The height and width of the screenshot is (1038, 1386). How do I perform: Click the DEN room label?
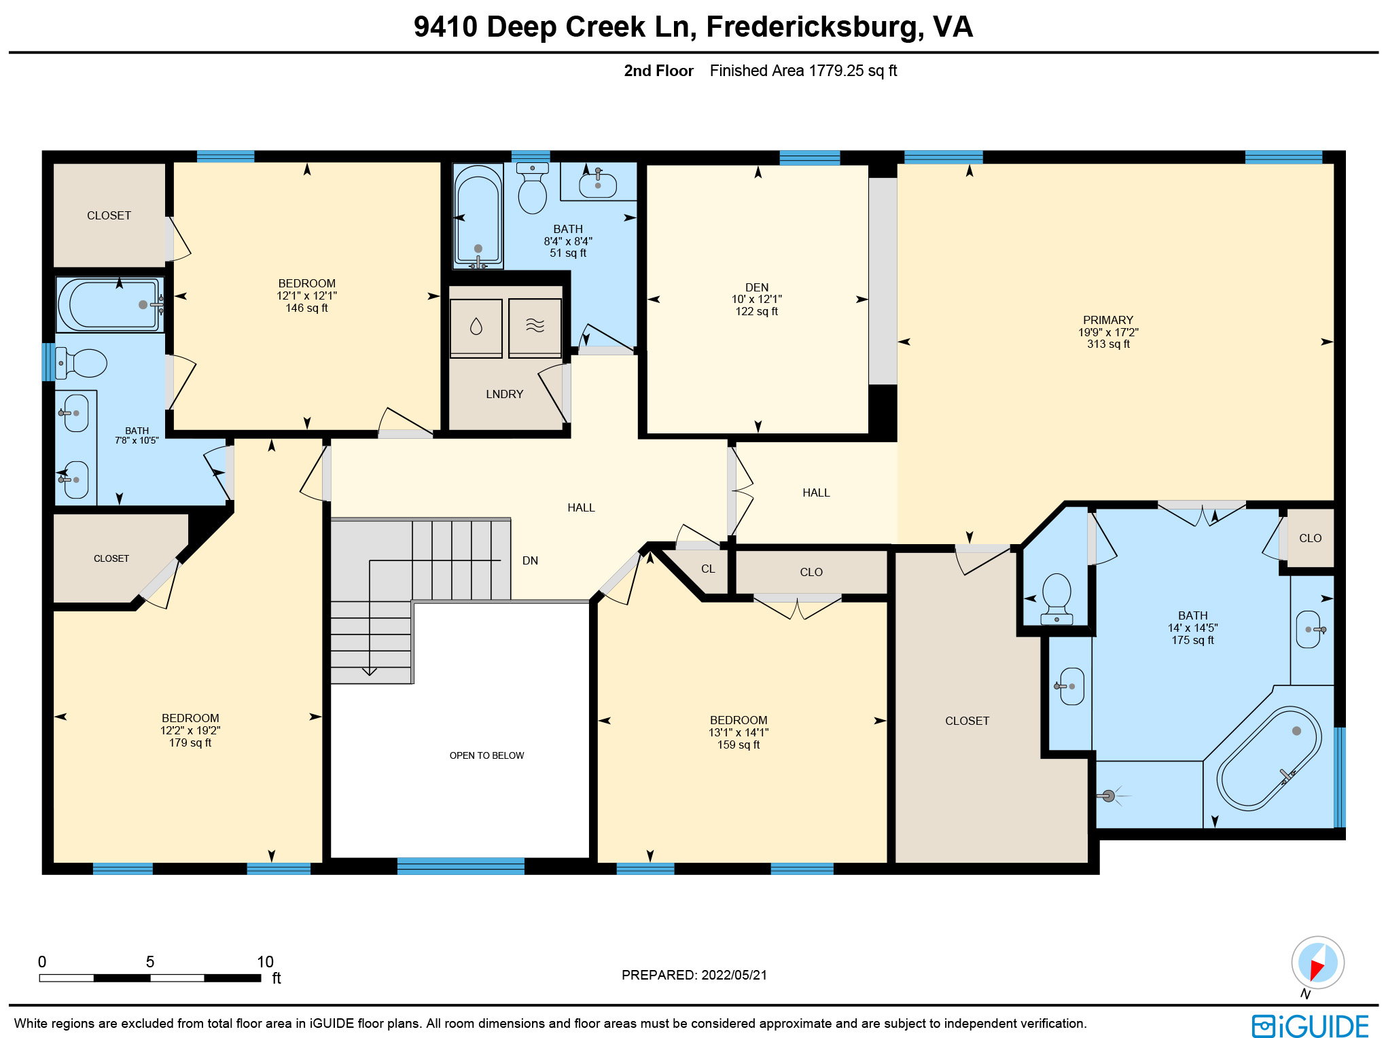pyautogui.click(x=756, y=287)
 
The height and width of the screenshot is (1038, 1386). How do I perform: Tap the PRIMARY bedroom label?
pyautogui.click(x=1107, y=320)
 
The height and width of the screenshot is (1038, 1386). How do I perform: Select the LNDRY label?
pyautogui.click(x=504, y=394)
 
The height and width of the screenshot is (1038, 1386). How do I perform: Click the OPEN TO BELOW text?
pyautogui.click(x=486, y=755)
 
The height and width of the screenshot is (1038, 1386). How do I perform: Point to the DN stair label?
pyautogui.click(x=530, y=560)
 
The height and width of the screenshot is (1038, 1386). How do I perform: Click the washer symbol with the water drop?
pyautogui.click(x=476, y=327)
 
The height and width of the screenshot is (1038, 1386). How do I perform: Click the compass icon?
pyautogui.click(x=1317, y=963)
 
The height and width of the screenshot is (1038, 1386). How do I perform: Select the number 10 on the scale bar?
pyautogui.click(x=265, y=962)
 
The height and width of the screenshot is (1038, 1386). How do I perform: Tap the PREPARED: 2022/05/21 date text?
pyautogui.click(x=694, y=975)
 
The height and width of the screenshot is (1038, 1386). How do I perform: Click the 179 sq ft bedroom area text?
pyautogui.click(x=190, y=742)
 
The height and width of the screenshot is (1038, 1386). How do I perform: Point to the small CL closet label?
pyautogui.click(x=708, y=569)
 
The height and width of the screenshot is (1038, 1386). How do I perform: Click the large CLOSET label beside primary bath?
pyautogui.click(x=967, y=721)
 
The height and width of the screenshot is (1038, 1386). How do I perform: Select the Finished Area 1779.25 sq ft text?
pyautogui.click(x=803, y=71)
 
